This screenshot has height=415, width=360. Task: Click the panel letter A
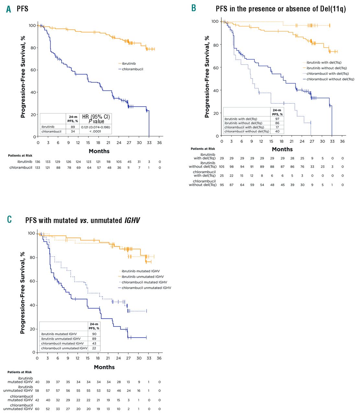pos(9,9)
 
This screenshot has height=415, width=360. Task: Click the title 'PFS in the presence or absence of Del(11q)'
pos(281,9)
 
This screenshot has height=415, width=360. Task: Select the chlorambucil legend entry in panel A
pos(132,69)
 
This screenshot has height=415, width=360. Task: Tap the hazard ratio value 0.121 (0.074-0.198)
pos(96,127)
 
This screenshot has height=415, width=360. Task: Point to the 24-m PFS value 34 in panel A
pos(73,131)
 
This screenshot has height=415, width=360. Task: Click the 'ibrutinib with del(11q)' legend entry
pos(324,63)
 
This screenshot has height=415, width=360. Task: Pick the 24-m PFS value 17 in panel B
pos(277,127)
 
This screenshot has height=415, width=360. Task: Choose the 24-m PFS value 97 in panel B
pos(277,119)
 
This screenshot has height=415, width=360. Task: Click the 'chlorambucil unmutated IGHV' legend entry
pos(146,288)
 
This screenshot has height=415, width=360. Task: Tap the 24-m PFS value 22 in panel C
pos(94,348)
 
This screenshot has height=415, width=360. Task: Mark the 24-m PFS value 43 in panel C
pos(94,343)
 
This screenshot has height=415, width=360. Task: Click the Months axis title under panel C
pos(104,367)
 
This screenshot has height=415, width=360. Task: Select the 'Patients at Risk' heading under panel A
pos(20,156)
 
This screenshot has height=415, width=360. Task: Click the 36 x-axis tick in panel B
pos(342,141)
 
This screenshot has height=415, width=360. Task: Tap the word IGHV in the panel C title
pos(132,220)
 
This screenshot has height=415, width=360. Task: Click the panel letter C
pos(9,219)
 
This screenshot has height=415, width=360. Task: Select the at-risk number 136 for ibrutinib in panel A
pos(38,162)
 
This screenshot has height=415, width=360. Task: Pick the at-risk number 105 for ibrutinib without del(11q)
pos(222,167)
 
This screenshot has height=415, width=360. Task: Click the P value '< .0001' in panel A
pos(95,131)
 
